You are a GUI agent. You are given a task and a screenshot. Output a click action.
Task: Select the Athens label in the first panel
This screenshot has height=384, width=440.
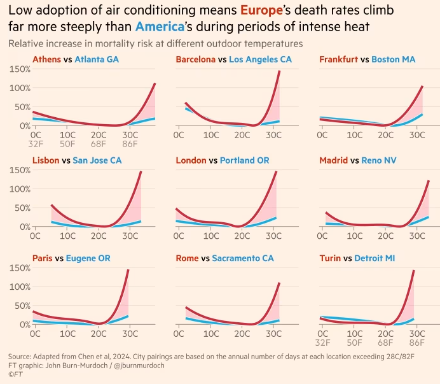click(46, 59)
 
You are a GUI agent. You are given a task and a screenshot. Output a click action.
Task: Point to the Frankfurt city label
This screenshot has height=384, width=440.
click(338, 59)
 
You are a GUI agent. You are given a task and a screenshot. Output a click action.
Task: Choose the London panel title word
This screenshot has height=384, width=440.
click(191, 160)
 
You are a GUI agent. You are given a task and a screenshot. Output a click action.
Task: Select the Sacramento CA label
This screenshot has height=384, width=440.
click(243, 259)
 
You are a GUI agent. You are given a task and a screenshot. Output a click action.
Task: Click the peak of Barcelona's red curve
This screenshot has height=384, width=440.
click(279, 71)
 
